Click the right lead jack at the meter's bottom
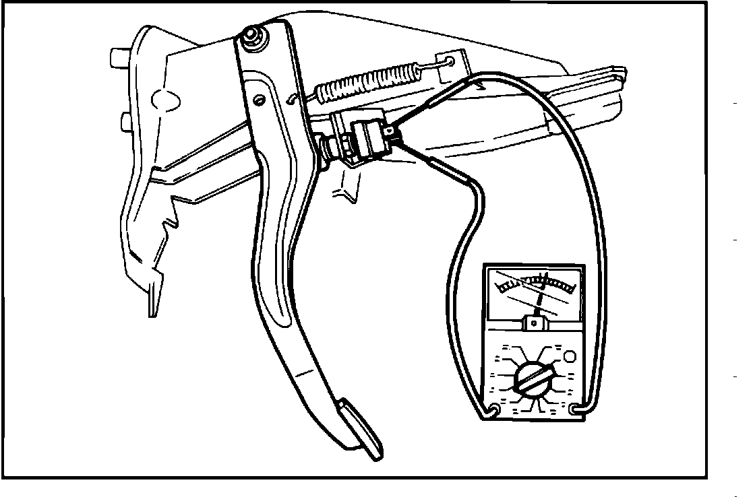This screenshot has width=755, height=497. click(575, 409)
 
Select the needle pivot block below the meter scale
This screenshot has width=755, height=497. click(535, 324)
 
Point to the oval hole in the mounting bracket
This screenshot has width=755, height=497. click(165, 100)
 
